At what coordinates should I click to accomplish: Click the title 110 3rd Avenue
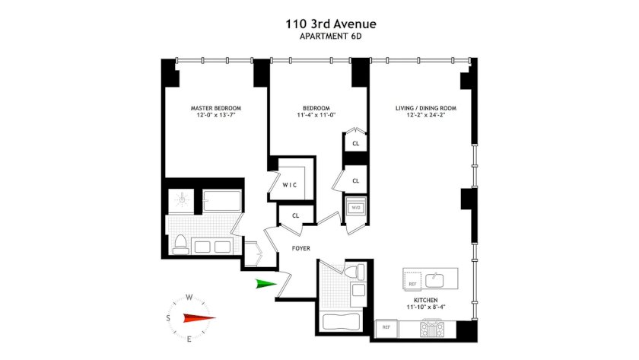click(x=330, y=24)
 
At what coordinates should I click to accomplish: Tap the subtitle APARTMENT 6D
click(x=330, y=37)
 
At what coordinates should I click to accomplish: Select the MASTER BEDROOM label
click(x=216, y=108)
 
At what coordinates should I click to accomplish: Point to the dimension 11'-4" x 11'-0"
click(x=316, y=115)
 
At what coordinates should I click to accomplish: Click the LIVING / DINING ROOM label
click(x=426, y=108)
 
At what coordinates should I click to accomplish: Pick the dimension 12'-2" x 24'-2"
click(x=426, y=115)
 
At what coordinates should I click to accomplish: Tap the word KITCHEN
click(x=426, y=300)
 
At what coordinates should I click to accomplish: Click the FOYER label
click(x=301, y=248)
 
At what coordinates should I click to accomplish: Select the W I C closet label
click(x=290, y=185)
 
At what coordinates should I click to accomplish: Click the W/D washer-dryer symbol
click(x=356, y=208)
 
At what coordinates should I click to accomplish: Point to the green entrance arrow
click(x=266, y=284)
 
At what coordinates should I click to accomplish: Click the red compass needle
click(x=199, y=318)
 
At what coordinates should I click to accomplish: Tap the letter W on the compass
click(x=189, y=298)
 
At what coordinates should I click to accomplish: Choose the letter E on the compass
click(x=189, y=339)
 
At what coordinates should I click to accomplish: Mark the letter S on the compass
click(x=168, y=318)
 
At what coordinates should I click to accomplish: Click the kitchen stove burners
click(x=432, y=329)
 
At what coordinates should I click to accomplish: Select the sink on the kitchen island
click(x=434, y=279)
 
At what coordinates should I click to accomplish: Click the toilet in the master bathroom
click(x=180, y=244)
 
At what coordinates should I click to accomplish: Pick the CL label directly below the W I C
click(x=295, y=215)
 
